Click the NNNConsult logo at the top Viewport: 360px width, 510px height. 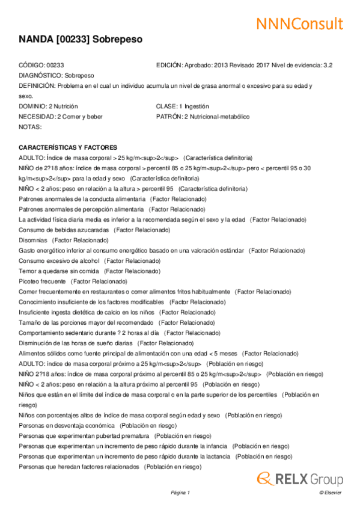(299, 23)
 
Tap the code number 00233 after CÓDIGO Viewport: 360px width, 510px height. (55, 65)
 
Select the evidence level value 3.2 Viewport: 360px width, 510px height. (328, 65)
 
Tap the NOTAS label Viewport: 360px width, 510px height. (30, 127)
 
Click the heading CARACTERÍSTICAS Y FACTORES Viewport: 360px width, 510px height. (68, 147)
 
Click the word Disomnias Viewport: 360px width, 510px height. (33, 240)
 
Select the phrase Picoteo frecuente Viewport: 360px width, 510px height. (42, 281)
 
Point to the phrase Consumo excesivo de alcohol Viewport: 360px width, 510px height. (58, 260)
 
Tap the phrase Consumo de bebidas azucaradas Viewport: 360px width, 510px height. (64, 230)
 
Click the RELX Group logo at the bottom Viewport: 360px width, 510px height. (300, 479)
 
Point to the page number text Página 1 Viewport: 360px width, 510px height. (180, 493)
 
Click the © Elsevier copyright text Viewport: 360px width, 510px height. (330, 493)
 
